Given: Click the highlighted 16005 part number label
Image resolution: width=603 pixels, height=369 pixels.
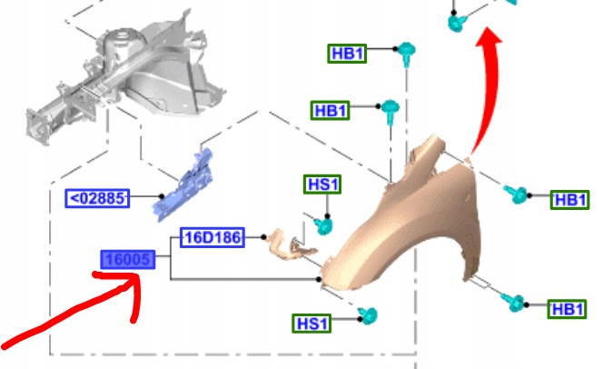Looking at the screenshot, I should tap(127, 262).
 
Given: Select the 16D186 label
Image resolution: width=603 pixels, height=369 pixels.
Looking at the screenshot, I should tap(213, 238).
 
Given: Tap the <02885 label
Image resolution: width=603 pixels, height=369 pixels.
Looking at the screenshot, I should tap(99, 196).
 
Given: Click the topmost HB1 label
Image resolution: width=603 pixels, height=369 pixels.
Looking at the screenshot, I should tap(348, 54).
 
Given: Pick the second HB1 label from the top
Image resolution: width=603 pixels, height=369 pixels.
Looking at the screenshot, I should tap(331, 110).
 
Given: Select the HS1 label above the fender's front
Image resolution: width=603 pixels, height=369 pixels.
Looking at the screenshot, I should tap(323, 184).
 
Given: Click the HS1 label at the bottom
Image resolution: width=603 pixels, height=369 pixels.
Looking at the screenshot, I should tap(311, 322).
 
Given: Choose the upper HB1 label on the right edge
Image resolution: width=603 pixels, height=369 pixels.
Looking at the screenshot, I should tap(571, 199).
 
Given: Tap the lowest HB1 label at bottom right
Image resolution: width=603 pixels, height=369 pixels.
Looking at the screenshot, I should tap(568, 310).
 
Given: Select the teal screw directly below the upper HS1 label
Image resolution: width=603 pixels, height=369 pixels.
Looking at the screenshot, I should tap(322, 222).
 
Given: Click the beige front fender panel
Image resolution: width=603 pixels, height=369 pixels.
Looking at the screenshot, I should tap(409, 227).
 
